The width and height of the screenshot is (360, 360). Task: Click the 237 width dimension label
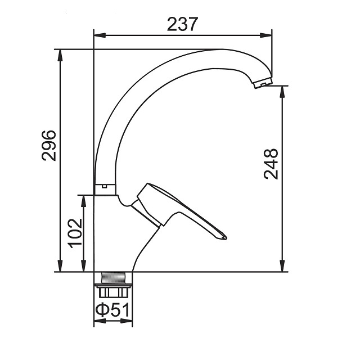coord(182,24)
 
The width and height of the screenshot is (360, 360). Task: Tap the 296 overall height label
coord(49,146)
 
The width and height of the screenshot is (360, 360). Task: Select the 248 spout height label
coord(271,164)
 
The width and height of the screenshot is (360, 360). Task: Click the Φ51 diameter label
coord(112,310)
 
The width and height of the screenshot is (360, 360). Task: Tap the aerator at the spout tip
coord(263,83)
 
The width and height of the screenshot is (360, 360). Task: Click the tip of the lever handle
coord(226,237)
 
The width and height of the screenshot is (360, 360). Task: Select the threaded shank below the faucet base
coord(113,278)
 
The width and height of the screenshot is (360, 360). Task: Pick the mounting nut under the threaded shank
coord(113,290)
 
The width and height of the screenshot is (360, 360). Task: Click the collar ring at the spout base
coord(105,190)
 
